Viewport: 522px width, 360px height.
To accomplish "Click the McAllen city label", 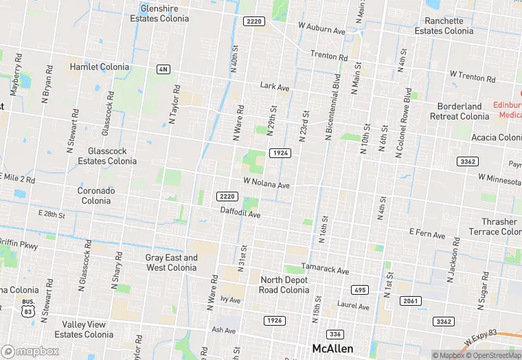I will point(332,348).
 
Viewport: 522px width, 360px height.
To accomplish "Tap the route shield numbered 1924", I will point(280,153).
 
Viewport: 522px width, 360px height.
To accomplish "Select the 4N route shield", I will point(163,69).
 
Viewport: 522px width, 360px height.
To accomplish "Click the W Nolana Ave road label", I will point(266,183).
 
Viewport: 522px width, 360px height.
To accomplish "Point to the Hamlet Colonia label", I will point(100,67).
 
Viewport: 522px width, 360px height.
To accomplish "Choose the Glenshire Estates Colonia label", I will point(164,14).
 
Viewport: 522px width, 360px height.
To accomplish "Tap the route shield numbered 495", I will point(359,290).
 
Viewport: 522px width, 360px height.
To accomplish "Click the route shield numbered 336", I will point(334,334).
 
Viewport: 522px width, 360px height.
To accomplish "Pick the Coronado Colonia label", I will point(96,196).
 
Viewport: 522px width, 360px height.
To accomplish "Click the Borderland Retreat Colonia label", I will point(459,111).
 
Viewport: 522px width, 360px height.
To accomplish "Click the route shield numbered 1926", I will point(274,321).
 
